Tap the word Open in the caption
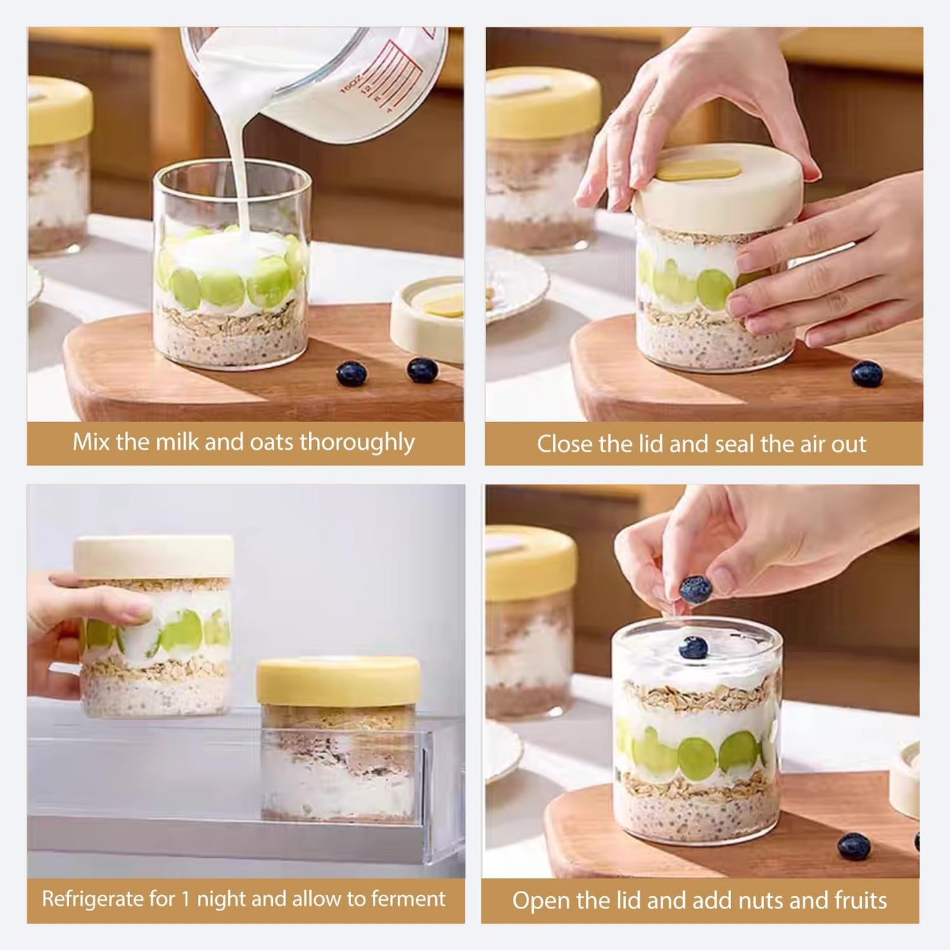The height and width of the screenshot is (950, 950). pos(538,901)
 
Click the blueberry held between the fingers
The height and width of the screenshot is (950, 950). pos(695,590)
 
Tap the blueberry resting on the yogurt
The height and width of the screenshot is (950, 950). pos(693,649)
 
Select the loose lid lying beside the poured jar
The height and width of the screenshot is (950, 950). pos(427,319)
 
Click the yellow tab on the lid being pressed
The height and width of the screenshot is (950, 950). pos(700,170)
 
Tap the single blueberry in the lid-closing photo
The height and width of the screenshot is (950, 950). pos(867,374)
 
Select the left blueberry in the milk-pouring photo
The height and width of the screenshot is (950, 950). pos(347,374)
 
